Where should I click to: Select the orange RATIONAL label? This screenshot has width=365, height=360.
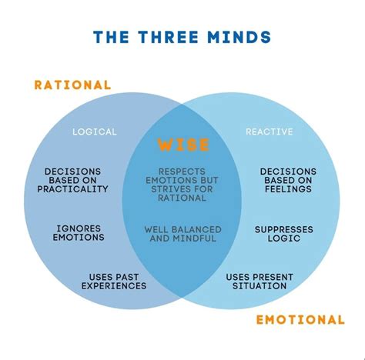click(x=72, y=85)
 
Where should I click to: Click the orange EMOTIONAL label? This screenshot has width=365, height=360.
click(x=300, y=319)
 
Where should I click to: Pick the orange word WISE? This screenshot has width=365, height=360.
click(x=182, y=145)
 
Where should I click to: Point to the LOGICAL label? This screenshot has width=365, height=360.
click(x=95, y=132)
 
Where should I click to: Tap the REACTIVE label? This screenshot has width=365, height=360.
click(x=269, y=132)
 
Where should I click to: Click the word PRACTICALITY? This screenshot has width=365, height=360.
click(x=76, y=189)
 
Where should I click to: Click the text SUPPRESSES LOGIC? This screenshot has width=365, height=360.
click(x=283, y=233)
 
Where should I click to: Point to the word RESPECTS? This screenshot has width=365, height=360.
click(x=182, y=171)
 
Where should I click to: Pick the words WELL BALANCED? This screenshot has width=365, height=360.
click(x=182, y=229)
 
